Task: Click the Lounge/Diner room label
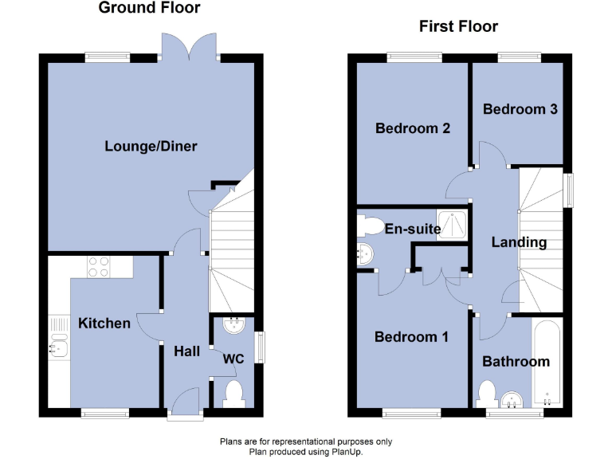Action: coord(151,147)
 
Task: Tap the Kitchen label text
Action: coord(104,323)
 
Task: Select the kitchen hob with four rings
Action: coord(98,266)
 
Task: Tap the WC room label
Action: coord(233,359)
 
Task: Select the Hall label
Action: coord(186,351)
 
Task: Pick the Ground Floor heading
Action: coord(149,8)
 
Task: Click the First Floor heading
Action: coord(458,27)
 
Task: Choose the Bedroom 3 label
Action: coord(520,109)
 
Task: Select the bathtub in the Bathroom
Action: coord(549,363)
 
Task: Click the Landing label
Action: coord(519,242)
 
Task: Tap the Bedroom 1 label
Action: coord(411,337)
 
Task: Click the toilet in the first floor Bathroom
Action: coord(488,392)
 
